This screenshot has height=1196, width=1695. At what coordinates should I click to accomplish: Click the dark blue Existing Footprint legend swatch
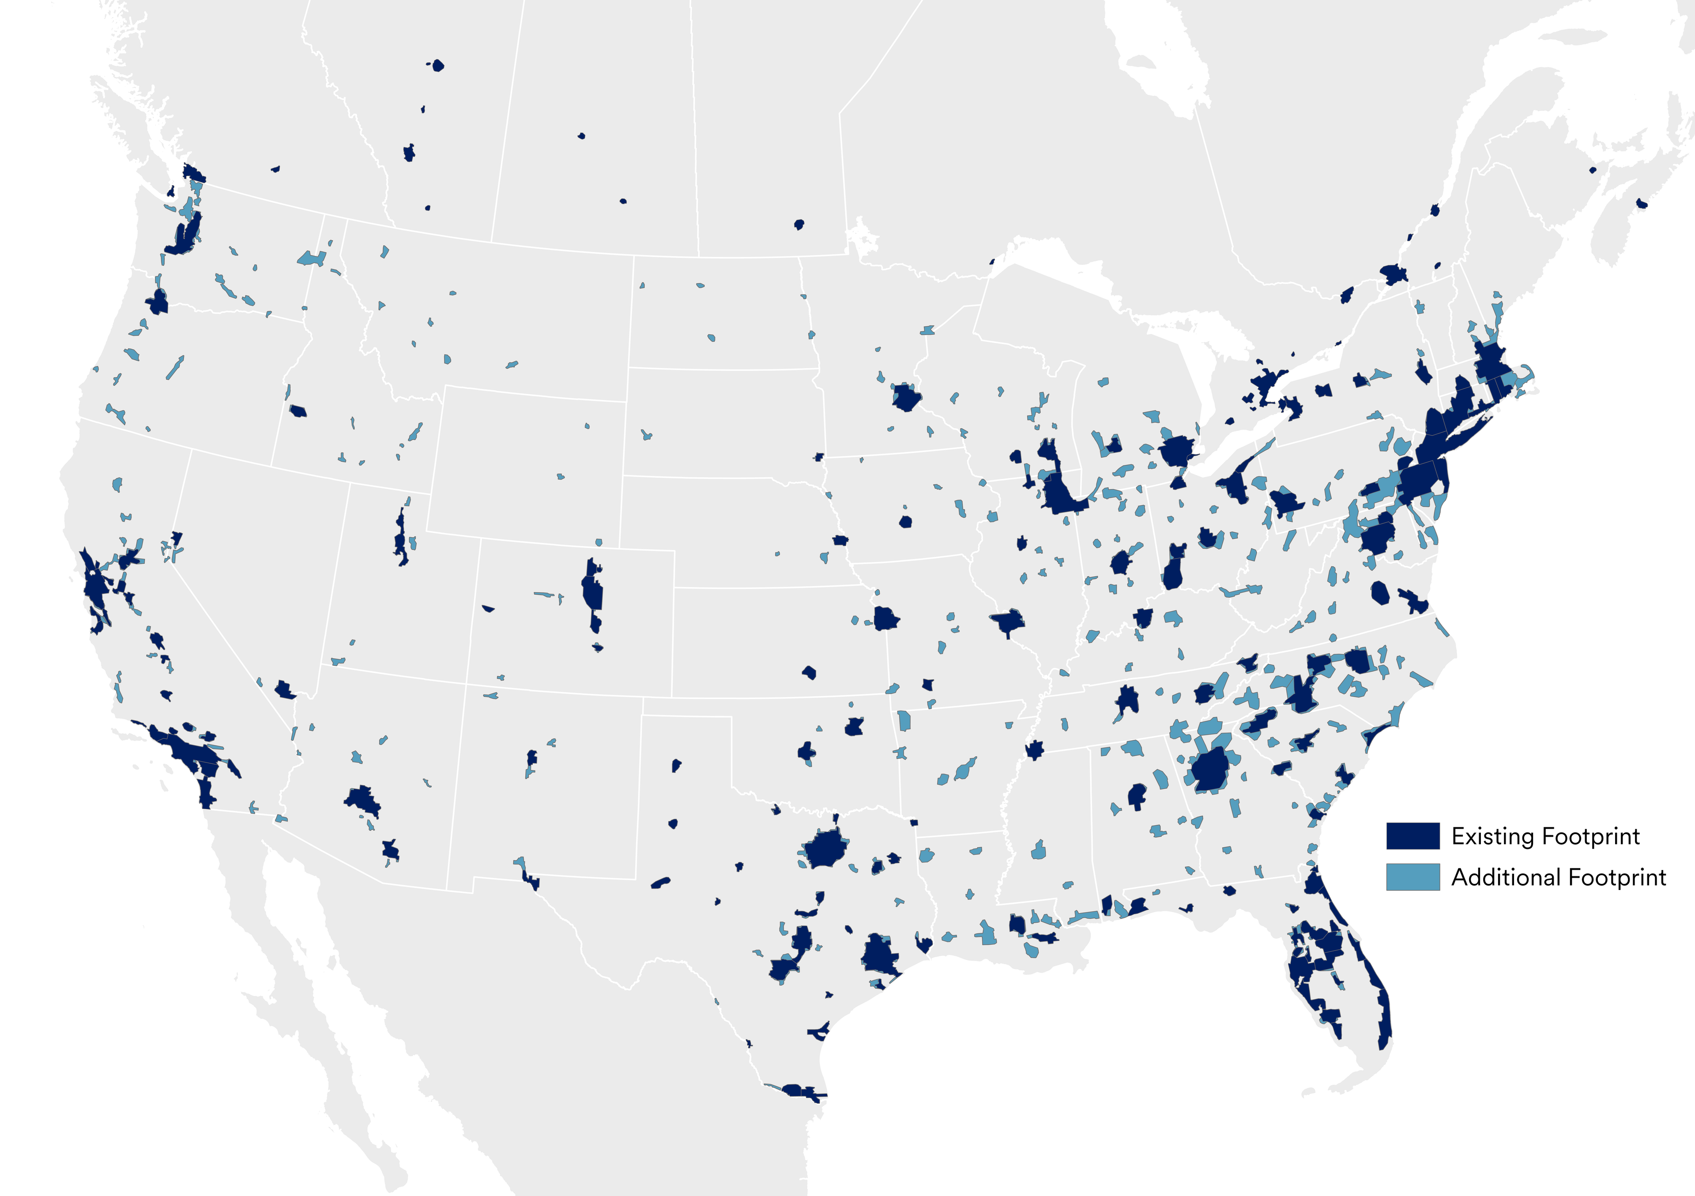(x=1412, y=836)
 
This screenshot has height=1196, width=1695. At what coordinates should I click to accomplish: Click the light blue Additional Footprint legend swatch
(x=1412, y=877)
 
